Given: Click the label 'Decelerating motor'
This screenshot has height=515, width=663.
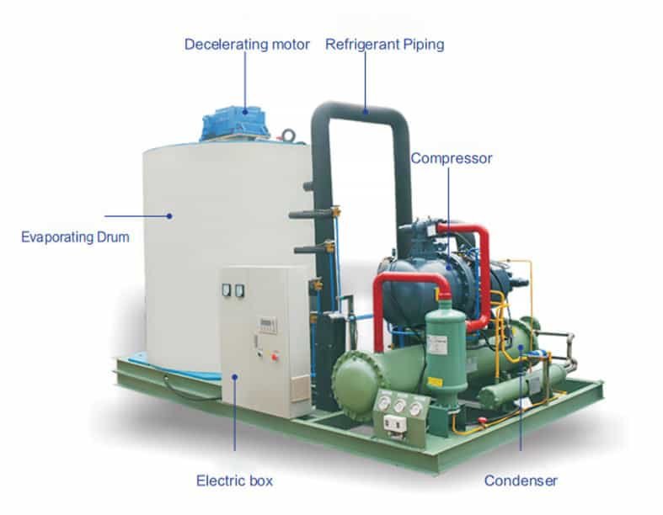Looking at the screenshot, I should point(247,44).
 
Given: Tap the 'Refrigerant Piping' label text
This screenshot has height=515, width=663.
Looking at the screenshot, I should point(384,44).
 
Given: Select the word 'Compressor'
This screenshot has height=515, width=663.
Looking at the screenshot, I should point(451,158).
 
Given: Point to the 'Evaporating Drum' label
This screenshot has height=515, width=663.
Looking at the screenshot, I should point(75,237).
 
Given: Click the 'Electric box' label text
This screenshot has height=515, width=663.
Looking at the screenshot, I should point(234,481).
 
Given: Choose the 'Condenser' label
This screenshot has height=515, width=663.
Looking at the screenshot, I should point(521,481).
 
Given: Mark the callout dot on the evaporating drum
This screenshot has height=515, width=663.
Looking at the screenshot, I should point(168,216).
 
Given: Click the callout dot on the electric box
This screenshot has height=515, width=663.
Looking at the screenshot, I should point(235,379).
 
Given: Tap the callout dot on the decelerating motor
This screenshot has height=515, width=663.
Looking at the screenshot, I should point(246,109).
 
